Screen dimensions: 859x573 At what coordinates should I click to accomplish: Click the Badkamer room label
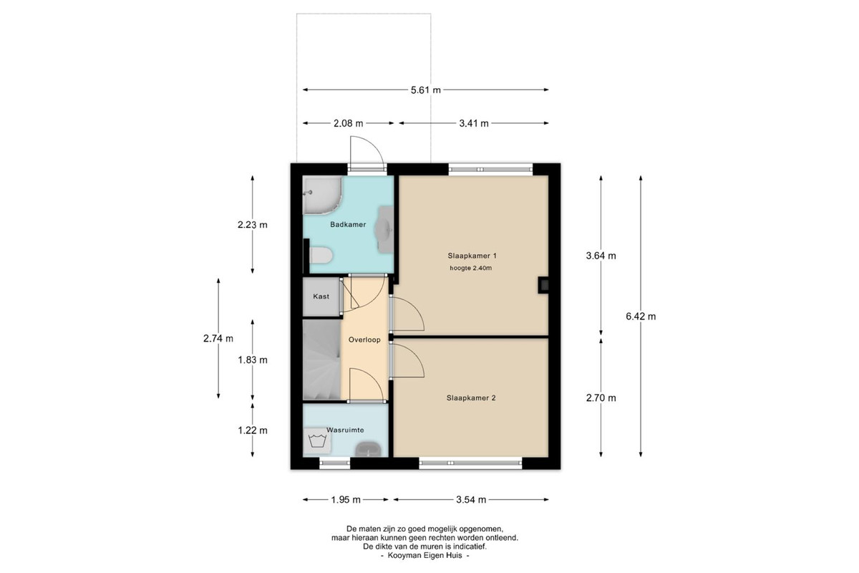pyautogui.click(x=348, y=224)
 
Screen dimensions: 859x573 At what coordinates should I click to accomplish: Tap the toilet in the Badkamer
pyautogui.click(x=321, y=255)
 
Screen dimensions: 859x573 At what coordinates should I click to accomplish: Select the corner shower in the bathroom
pyautogui.click(x=322, y=195)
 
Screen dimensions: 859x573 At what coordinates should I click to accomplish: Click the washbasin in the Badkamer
pyautogui.click(x=385, y=229)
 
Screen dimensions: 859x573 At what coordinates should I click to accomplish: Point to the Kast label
pyautogui.click(x=321, y=297)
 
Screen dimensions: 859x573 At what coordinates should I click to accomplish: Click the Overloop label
pyautogui.click(x=364, y=340)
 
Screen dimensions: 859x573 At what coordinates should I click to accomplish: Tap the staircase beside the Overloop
pyautogui.click(x=321, y=360)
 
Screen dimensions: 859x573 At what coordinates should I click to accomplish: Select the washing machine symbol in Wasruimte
pyautogui.click(x=317, y=441)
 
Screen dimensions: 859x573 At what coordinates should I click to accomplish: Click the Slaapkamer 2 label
pyautogui.click(x=471, y=398)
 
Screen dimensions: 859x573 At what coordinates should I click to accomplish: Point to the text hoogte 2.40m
pyautogui.click(x=470, y=269)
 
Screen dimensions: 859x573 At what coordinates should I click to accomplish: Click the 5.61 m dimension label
pyautogui.click(x=426, y=90)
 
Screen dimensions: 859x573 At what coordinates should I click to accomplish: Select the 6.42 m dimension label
pyautogui.click(x=641, y=317)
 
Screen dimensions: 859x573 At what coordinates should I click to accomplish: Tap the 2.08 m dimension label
pyautogui.click(x=348, y=124)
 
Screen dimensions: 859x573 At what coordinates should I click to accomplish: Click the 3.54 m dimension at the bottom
pyautogui.click(x=471, y=500)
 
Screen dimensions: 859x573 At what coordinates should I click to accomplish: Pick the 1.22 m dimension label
pyautogui.click(x=252, y=430)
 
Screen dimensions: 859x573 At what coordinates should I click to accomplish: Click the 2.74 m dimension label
pyautogui.click(x=218, y=339)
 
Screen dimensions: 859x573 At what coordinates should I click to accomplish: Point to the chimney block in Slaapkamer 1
pyautogui.click(x=543, y=285)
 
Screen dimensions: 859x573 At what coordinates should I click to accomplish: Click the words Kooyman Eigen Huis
pyautogui.click(x=425, y=555)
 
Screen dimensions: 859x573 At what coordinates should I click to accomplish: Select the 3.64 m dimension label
pyautogui.click(x=601, y=256)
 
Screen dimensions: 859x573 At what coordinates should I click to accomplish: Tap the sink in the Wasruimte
pyautogui.click(x=369, y=449)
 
